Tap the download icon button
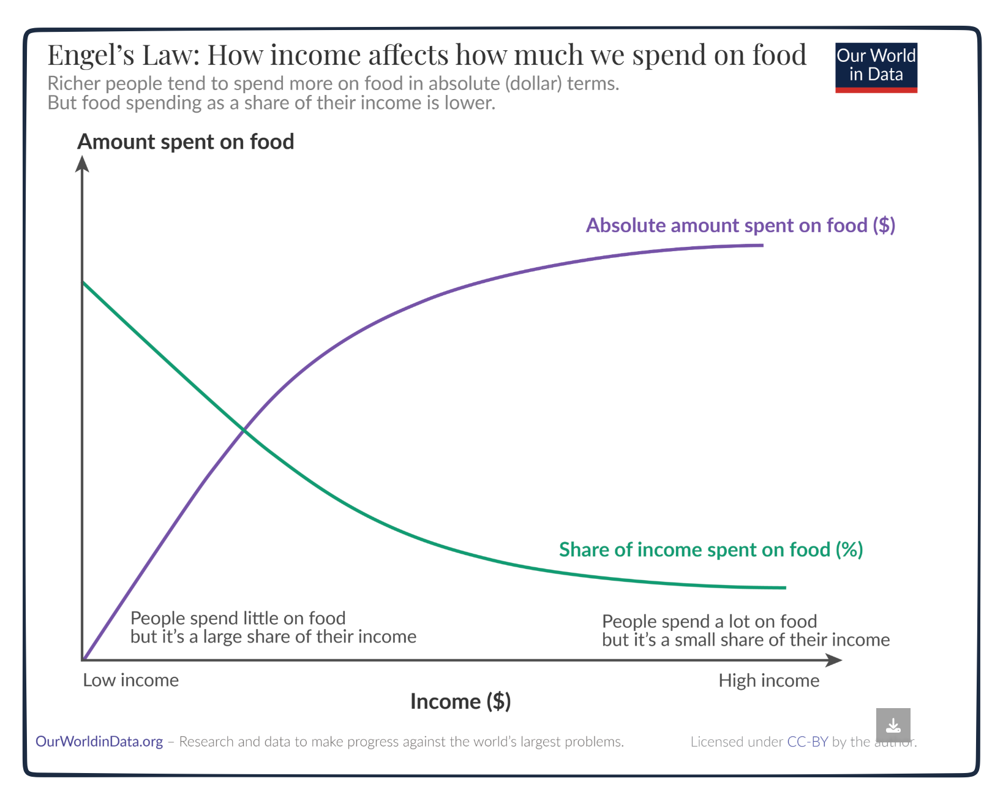click(x=893, y=725)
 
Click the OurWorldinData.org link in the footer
click(x=99, y=742)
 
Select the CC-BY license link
click(x=807, y=742)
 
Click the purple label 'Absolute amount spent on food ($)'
click(x=740, y=225)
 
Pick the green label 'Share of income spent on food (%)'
click(x=710, y=549)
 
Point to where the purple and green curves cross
click(x=244, y=431)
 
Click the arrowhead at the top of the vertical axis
click(x=82, y=164)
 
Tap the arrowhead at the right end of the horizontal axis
click(x=834, y=660)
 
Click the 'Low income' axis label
click(x=130, y=681)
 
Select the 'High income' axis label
click(x=768, y=681)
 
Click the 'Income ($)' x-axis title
click(x=460, y=701)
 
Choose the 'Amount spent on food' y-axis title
click(x=186, y=142)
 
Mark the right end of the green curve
click(x=784, y=587)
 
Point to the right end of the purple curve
click(x=762, y=245)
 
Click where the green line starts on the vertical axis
click(x=83, y=282)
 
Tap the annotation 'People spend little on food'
click(x=238, y=618)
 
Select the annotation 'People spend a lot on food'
click(x=709, y=622)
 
